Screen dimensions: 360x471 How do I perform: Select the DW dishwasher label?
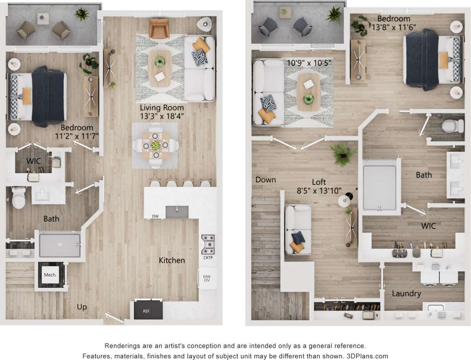155,216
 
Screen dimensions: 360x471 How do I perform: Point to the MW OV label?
207,278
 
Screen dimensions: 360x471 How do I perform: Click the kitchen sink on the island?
177,211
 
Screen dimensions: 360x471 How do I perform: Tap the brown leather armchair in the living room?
159,28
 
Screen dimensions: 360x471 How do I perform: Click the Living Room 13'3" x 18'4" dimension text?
162,112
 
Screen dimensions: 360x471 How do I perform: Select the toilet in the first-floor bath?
19,198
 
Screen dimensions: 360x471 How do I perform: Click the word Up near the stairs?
82,307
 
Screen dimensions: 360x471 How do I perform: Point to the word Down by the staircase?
266,180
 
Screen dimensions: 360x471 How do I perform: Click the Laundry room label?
406,294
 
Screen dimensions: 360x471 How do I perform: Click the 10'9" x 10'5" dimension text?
309,63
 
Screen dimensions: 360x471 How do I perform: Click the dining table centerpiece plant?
155,145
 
